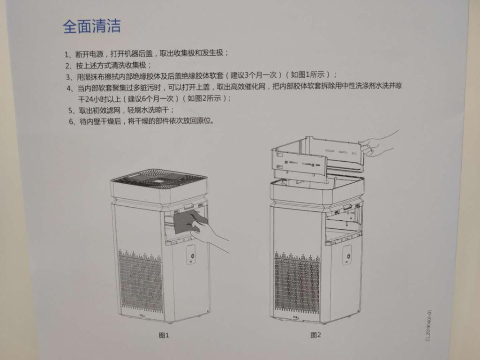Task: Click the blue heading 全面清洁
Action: pos(92,26)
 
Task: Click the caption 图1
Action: pos(164,335)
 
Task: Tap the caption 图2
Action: pos(315,335)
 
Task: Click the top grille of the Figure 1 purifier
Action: pos(159,179)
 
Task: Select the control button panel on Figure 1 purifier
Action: pos(191,255)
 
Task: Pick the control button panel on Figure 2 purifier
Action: pos(347,255)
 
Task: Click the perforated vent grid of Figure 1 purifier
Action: pos(141,283)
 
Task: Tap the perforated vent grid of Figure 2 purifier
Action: pos(297,285)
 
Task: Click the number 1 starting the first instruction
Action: pos(67,54)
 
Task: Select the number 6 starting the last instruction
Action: pos(71,122)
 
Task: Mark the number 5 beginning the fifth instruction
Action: pos(70,111)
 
